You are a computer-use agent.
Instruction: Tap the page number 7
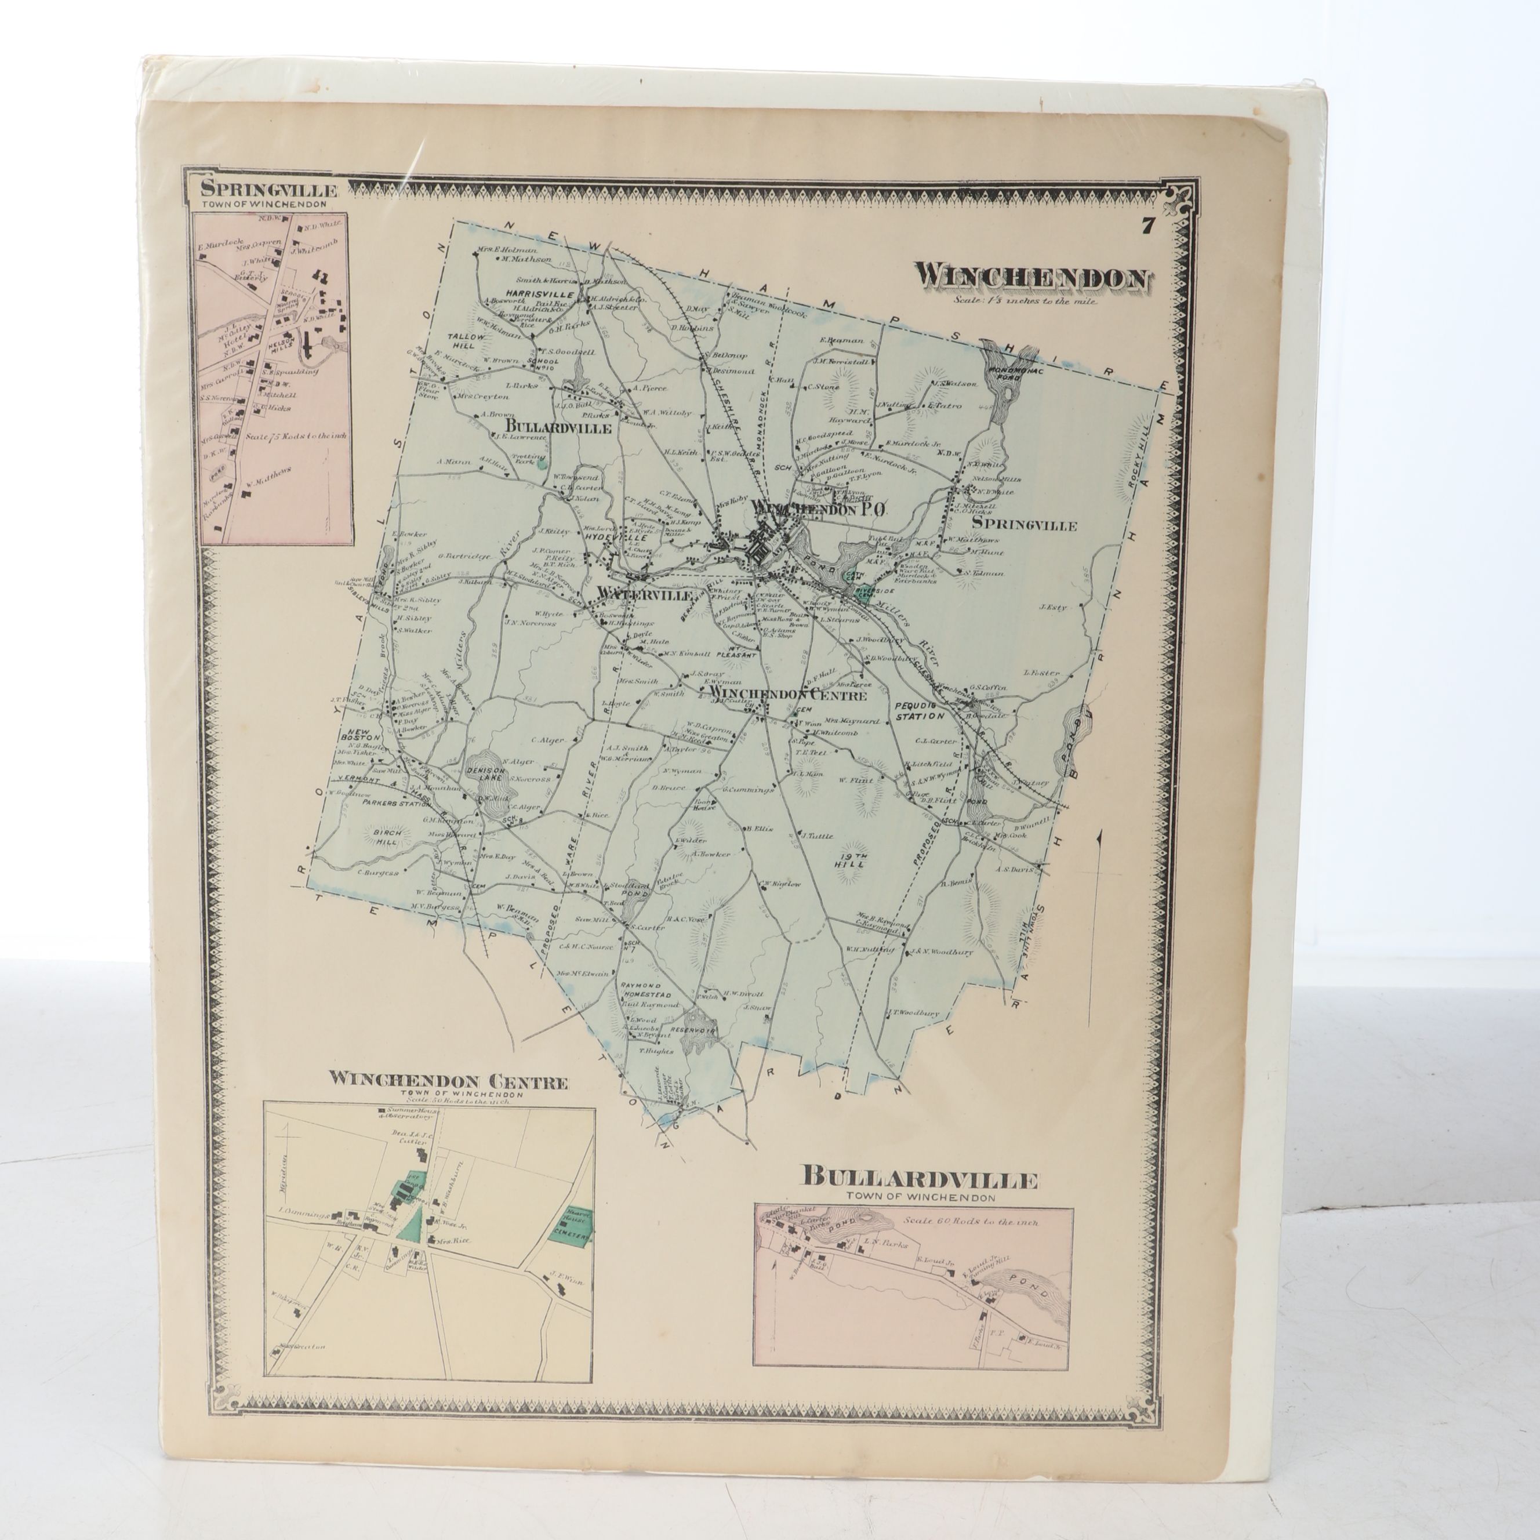pos(1148,226)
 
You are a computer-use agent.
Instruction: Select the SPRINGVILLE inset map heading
pos(270,190)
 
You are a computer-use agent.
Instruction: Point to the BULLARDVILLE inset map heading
pos(919,1177)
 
